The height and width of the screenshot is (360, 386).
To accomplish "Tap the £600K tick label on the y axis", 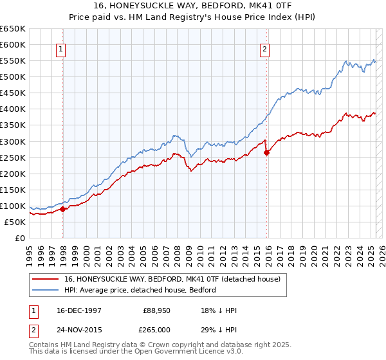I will pyautogui.click(x=13, y=44).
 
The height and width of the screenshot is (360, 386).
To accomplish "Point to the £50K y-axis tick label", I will pyautogui.click(x=15, y=222).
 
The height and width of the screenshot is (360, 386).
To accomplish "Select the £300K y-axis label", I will pyautogui.click(x=13, y=141).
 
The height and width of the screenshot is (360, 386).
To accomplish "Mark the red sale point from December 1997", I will pyautogui.click(x=63, y=209).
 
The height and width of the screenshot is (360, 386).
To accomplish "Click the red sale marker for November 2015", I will pyautogui.click(x=267, y=152).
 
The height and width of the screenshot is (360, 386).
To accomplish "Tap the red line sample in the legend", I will pyautogui.click(x=46, y=280).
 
